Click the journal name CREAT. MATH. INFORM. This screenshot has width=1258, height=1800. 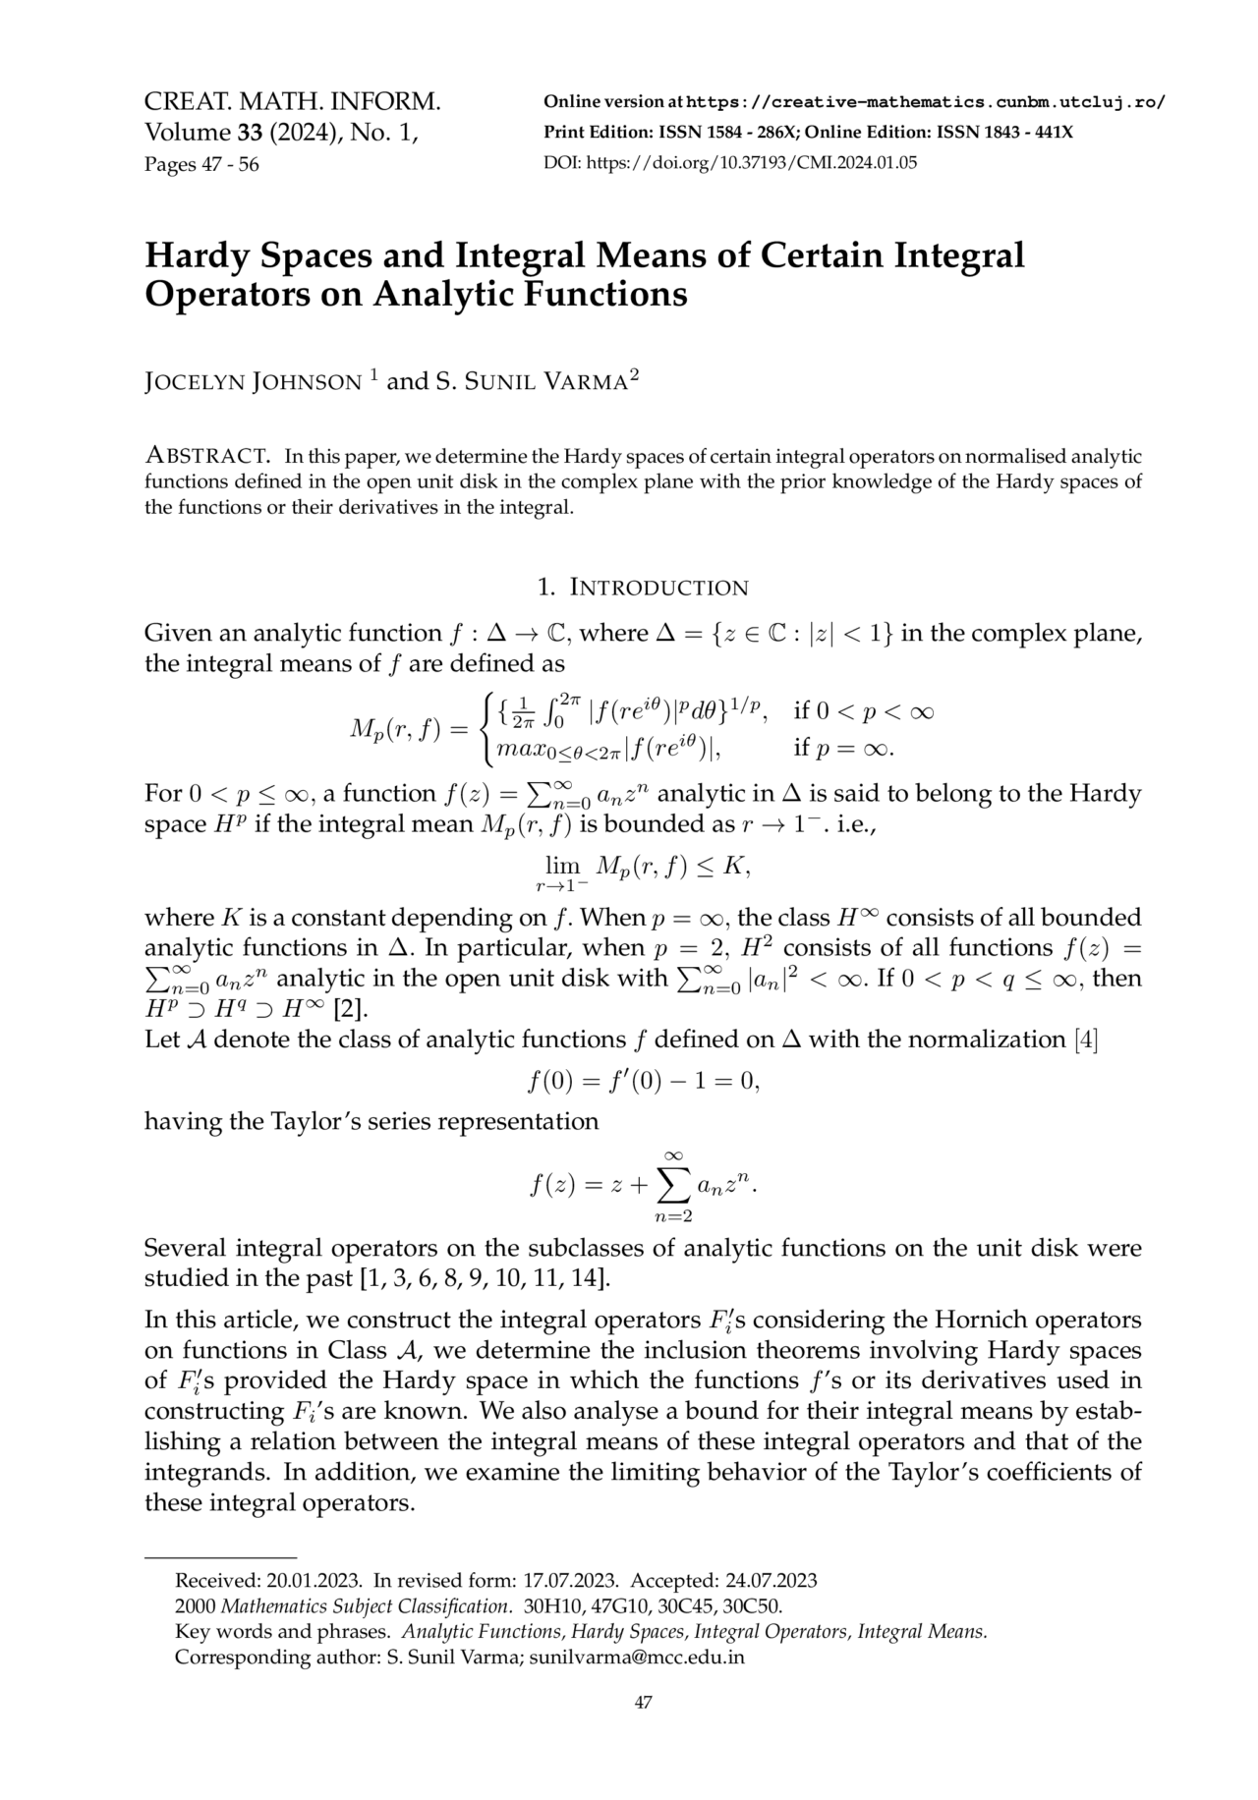click(x=292, y=101)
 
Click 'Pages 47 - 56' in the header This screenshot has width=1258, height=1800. click(x=201, y=164)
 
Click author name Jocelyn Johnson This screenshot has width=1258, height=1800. click(x=253, y=381)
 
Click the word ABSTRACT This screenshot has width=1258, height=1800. click(x=207, y=456)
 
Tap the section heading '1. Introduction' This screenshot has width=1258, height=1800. click(x=644, y=588)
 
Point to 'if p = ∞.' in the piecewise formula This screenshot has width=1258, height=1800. click(x=843, y=751)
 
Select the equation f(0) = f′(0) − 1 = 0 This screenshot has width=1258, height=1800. click(x=644, y=1082)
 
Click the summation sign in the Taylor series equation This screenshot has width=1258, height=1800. click(x=674, y=1187)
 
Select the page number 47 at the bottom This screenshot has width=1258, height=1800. click(x=643, y=1703)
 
